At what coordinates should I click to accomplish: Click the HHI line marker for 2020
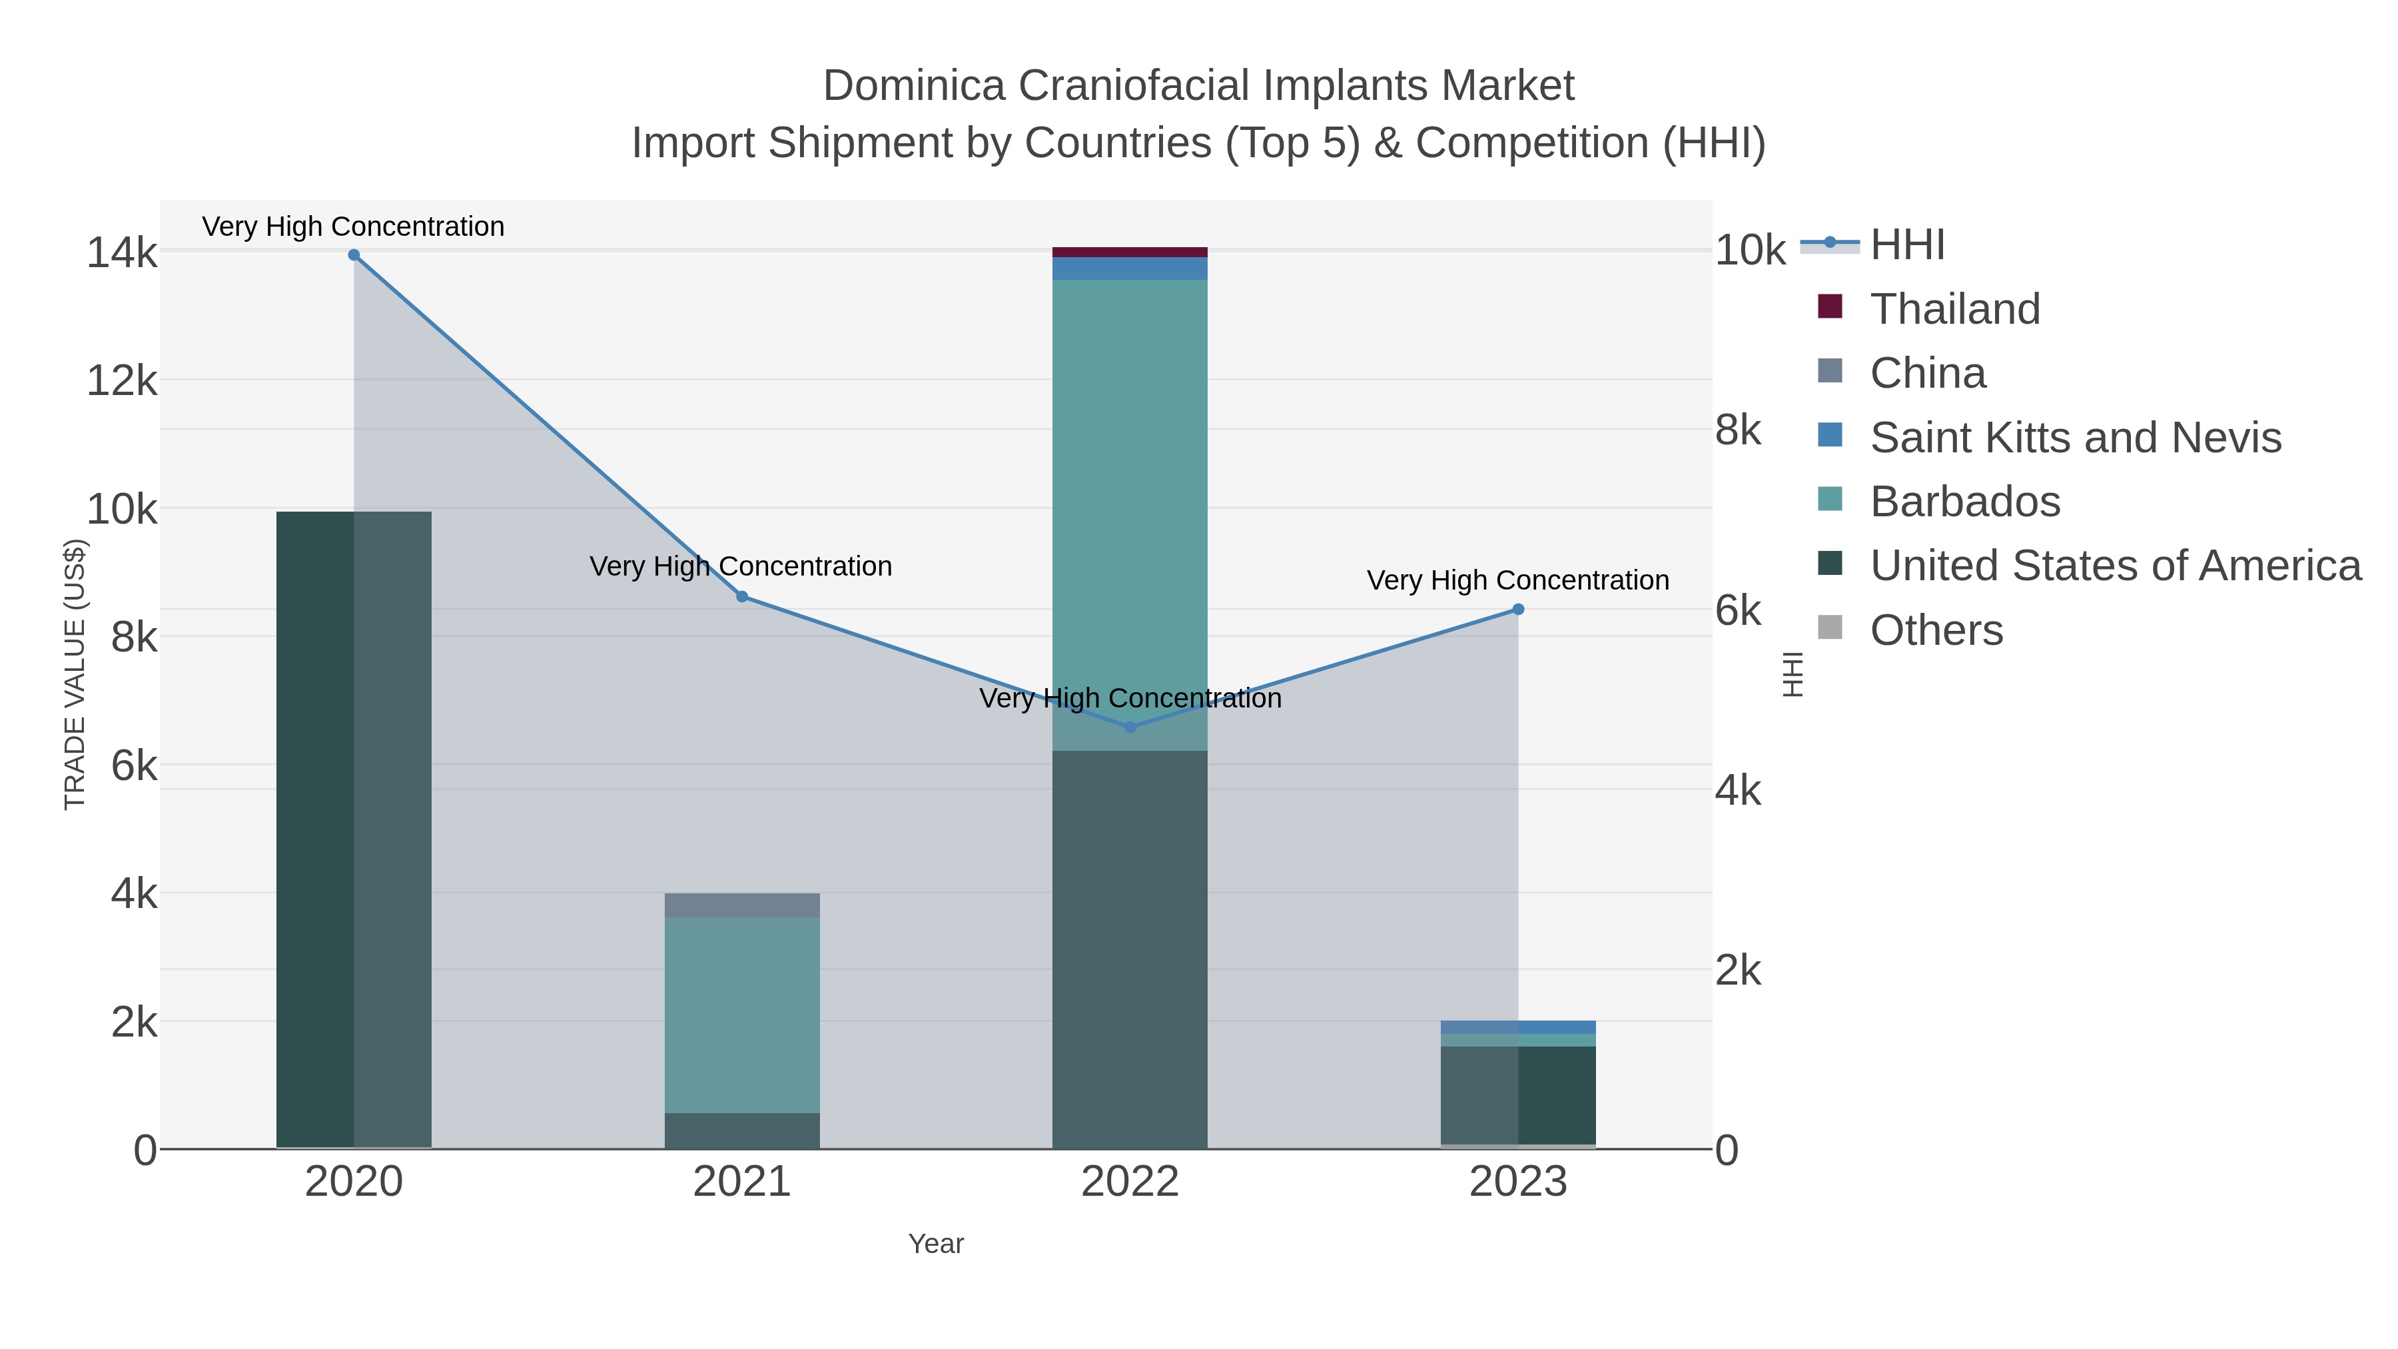354,254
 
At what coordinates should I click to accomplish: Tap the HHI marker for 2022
1130,726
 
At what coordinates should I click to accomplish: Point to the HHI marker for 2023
1518,609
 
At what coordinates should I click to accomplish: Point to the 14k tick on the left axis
121,252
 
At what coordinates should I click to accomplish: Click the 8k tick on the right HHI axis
1738,430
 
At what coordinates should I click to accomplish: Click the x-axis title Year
936,1243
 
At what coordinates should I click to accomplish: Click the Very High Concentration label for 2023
1517,580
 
